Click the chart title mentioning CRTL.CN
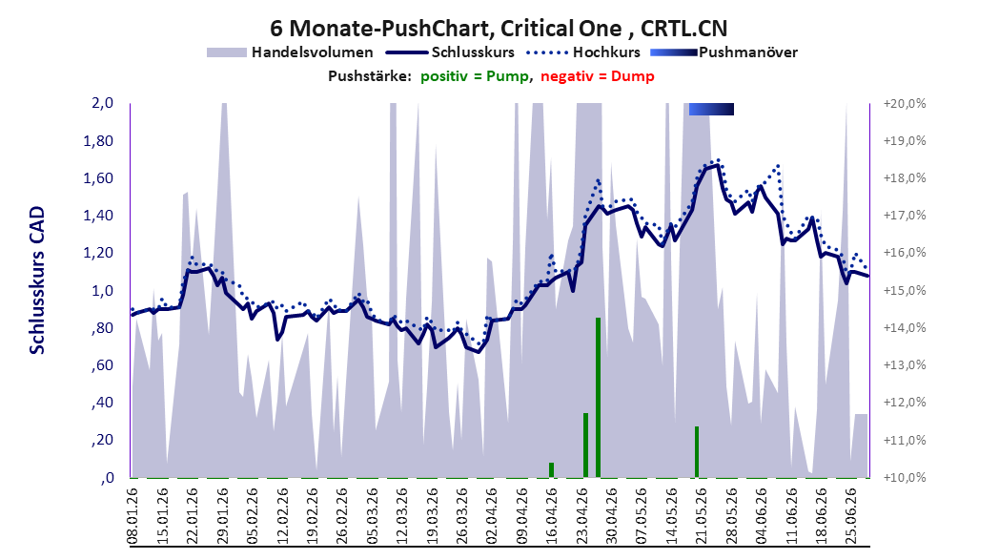(x=499, y=29)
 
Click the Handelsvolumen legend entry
(x=290, y=52)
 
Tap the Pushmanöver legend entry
(x=724, y=52)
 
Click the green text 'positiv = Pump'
(x=474, y=76)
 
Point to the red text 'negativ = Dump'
(x=597, y=76)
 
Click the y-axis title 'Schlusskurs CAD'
(x=37, y=280)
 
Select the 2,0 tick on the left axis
(x=103, y=103)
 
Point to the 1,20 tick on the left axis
(x=98, y=253)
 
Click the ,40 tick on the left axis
(x=103, y=403)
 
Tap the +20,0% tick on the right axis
(x=905, y=103)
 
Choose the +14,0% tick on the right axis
(x=905, y=328)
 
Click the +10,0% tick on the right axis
(x=905, y=478)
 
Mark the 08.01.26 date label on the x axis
(x=133, y=516)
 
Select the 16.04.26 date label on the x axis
(x=552, y=516)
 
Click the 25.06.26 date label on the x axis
(x=850, y=516)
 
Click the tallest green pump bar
(x=598, y=398)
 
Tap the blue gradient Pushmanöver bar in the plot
(x=711, y=109)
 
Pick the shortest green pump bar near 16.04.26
(x=551, y=470)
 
